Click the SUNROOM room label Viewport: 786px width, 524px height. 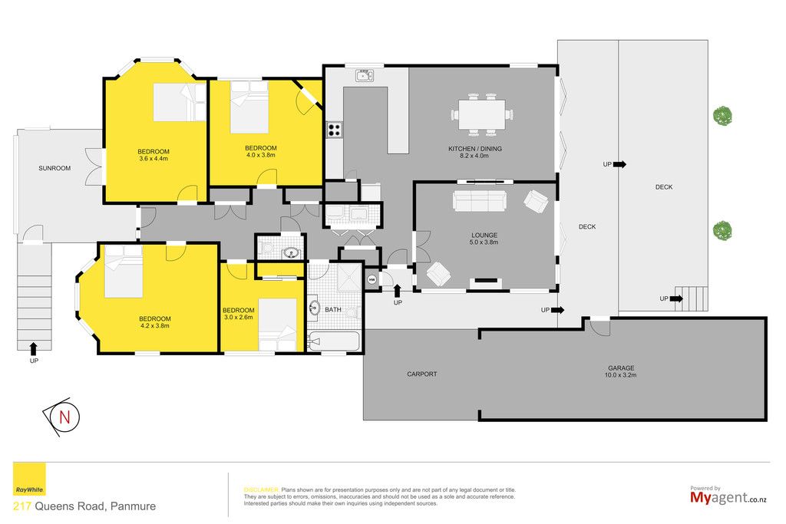point(54,168)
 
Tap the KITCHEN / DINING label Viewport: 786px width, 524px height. point(474,149)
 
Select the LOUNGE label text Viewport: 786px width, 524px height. point(484,236)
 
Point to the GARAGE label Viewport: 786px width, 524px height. point(621,368)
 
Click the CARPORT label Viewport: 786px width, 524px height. point(422,374)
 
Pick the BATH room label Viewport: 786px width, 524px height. point(333,310)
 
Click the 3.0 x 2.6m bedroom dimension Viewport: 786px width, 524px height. point(239,317)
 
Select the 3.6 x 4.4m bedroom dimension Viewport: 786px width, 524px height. point(154,159)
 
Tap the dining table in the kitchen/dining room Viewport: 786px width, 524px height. point(482,115)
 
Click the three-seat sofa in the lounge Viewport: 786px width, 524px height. point(479,201)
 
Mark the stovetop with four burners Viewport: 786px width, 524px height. point(335,130)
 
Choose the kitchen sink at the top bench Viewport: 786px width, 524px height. point(365,76)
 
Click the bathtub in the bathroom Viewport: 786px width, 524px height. point(334,341)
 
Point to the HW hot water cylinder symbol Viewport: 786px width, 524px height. point(372,280)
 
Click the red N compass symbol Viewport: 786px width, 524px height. point(64,417)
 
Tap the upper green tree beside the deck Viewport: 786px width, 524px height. point(722,116)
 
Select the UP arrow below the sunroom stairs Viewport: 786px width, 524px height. point(34,348)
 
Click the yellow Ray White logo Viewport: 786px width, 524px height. point(30,480)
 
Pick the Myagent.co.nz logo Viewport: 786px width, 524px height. point(728,496)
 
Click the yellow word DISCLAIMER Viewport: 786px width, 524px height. point(261,490)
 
